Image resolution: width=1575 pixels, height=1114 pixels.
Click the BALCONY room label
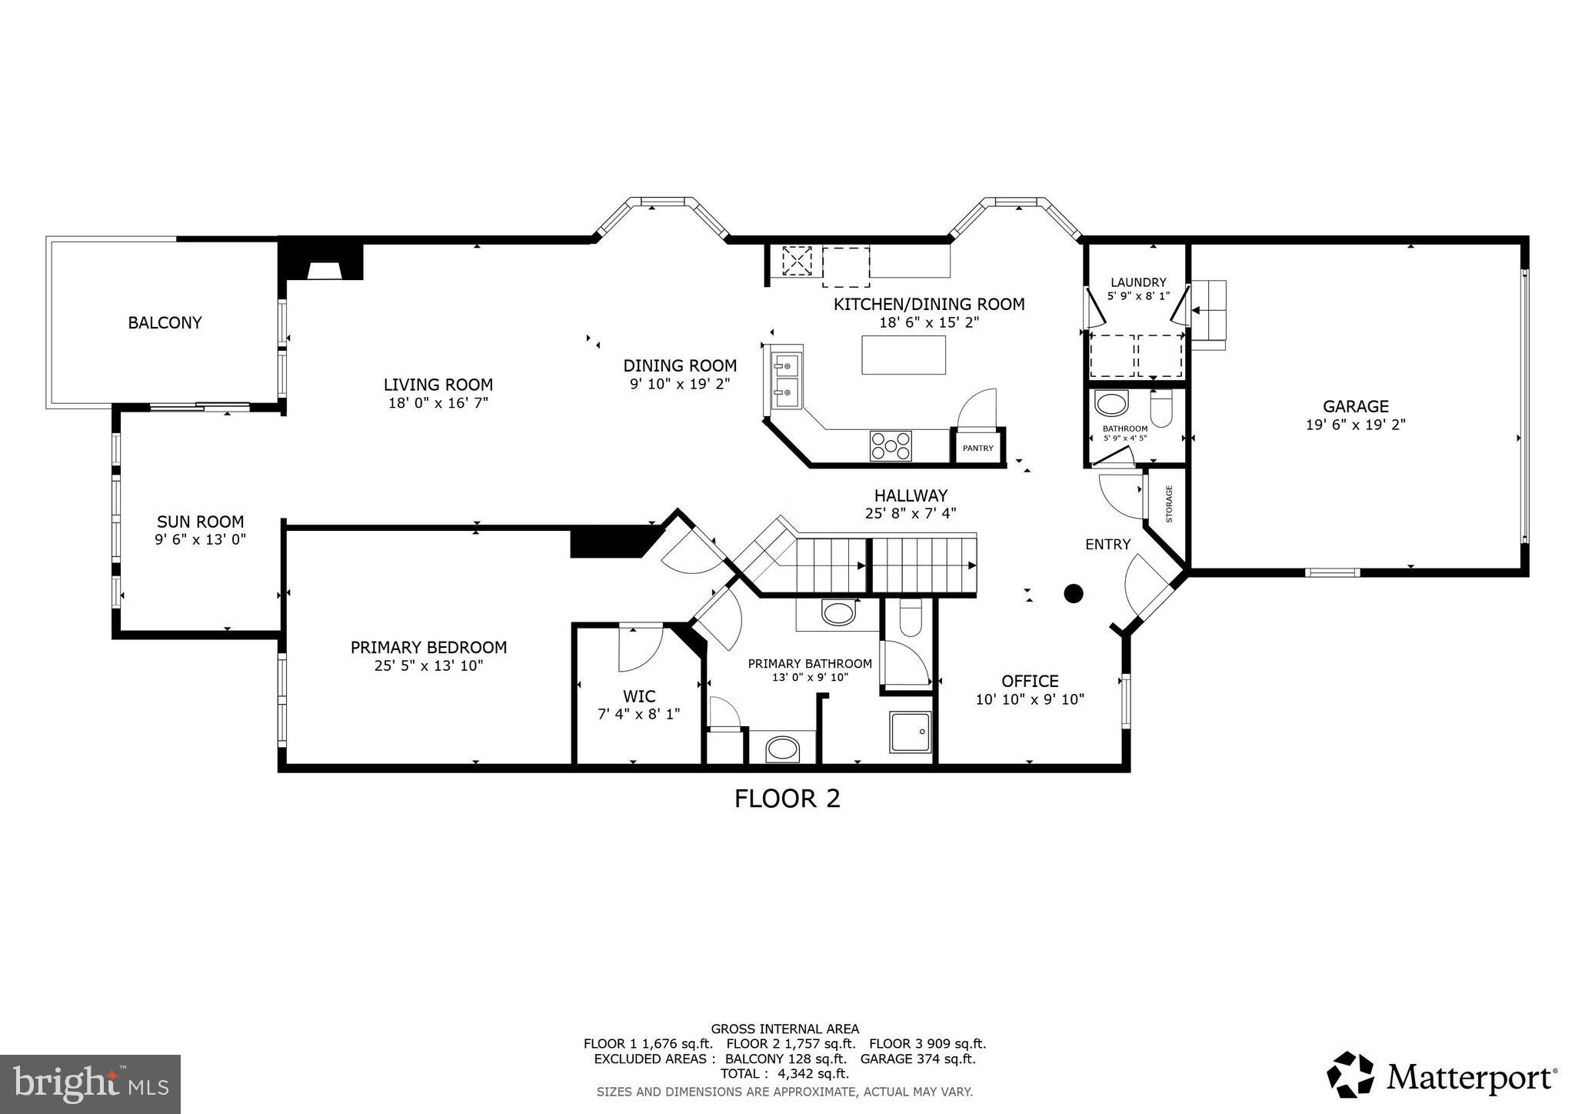coord(165,323)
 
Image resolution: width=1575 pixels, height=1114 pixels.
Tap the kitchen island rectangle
coord(903,355)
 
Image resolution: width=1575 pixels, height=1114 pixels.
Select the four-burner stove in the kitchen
coord(891,445)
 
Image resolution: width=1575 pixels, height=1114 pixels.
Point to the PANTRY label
coord(977,449)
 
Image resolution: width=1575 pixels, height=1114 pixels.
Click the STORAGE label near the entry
coord(1169,504)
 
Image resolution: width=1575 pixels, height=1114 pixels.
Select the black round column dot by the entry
coord(1073,593)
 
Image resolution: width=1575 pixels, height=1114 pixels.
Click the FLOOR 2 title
coord(787,799)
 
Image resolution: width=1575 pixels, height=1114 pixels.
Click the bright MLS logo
coord(90,1084)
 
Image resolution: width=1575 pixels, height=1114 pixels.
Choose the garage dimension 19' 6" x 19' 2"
coord(1355,425)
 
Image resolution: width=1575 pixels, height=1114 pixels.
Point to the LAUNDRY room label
coord(1137,282)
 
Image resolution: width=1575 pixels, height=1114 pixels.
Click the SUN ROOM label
coord(200,522)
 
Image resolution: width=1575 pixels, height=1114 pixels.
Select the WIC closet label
coord(638,696)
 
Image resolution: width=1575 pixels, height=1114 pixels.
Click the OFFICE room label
coord(1030,681)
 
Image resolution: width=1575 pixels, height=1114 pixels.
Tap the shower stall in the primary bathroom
coord(911,732)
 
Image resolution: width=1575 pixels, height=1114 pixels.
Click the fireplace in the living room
coord(322,265)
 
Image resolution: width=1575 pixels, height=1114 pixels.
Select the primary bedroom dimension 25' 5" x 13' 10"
coord(428,666)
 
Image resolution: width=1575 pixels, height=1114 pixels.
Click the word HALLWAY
coord(911,495)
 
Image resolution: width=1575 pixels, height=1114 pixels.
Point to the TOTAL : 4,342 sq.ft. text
coord(784,1073)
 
